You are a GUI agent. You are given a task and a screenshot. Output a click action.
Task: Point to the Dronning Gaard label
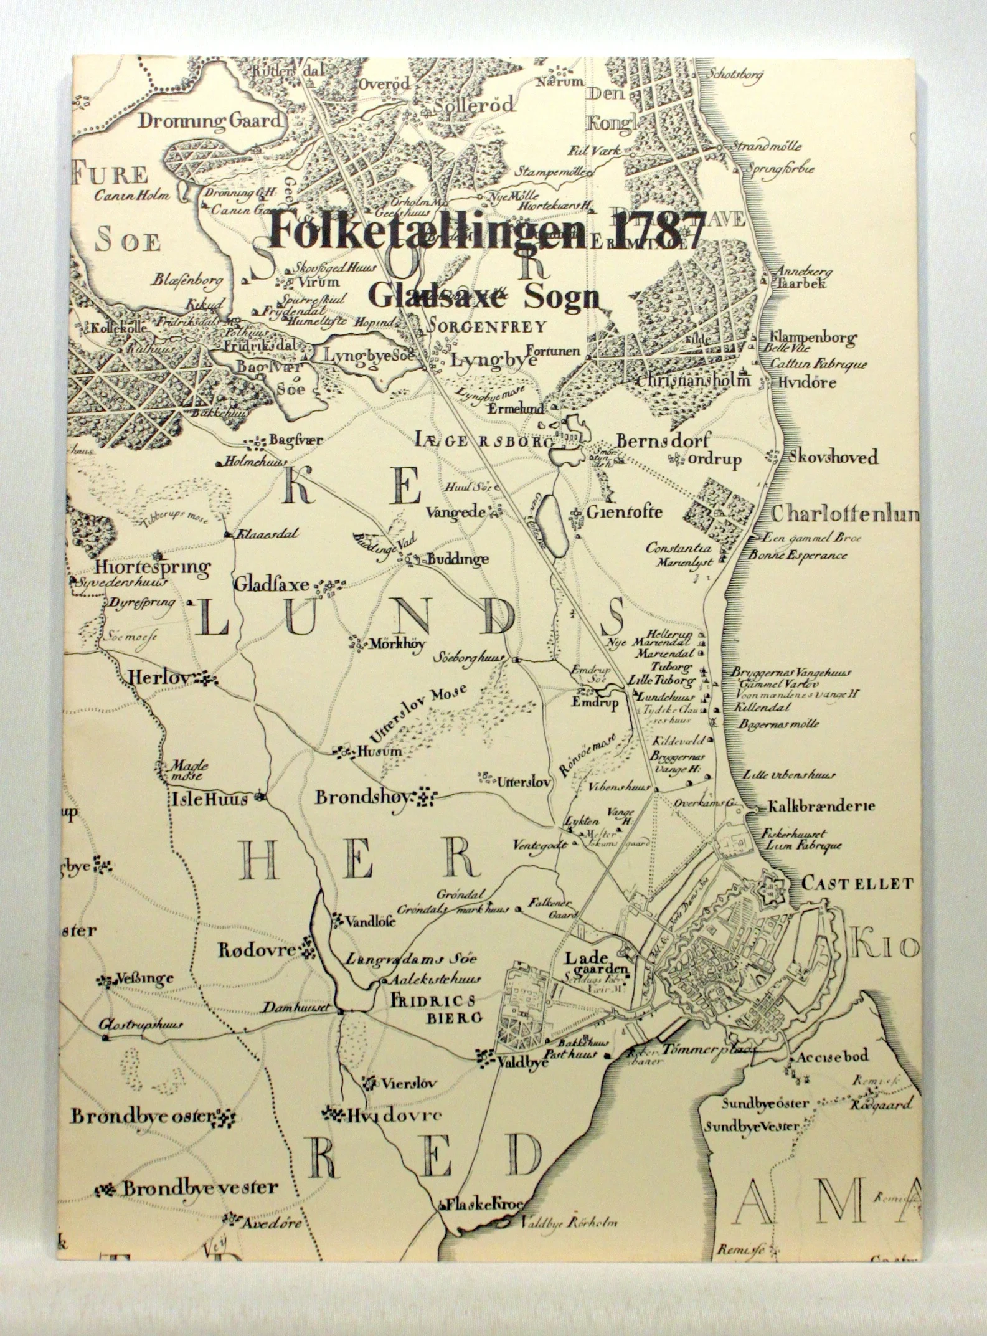[x=210, y=121]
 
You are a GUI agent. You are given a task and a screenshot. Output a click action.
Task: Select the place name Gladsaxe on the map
[x=272, y=585]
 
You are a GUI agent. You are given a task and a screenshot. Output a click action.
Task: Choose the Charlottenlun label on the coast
[x=844, y=515]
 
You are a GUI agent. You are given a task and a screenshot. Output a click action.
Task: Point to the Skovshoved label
[x=833, y=458]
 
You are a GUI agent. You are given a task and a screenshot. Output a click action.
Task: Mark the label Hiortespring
[x=153, y=567]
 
